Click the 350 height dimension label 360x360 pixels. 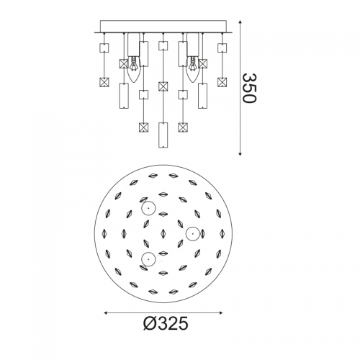click(x=250, y=88)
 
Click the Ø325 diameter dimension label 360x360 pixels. click(x=166, y=323)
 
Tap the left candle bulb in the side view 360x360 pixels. click(x=133, y=69)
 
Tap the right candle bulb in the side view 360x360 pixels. click(x=193, y=69)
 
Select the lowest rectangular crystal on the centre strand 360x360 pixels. click(x=163, y=135)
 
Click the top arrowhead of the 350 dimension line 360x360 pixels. click(x=240, y=22)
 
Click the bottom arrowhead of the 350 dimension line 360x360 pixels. click(x=240, y=153)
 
